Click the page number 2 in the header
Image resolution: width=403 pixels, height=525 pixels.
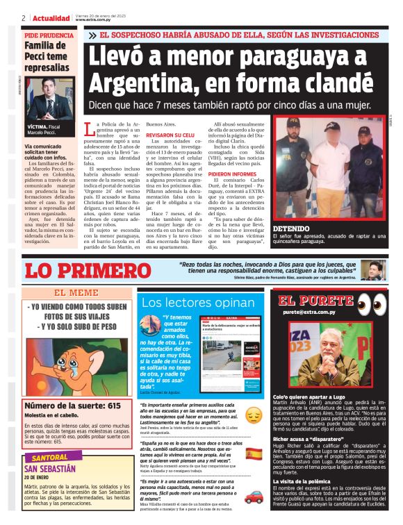click(24, 18)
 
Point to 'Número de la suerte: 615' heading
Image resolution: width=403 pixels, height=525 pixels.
click(66, 405)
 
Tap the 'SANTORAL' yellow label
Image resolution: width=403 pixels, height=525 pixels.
click(51, 458)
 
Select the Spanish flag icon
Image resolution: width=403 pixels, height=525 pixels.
click(254, 453)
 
